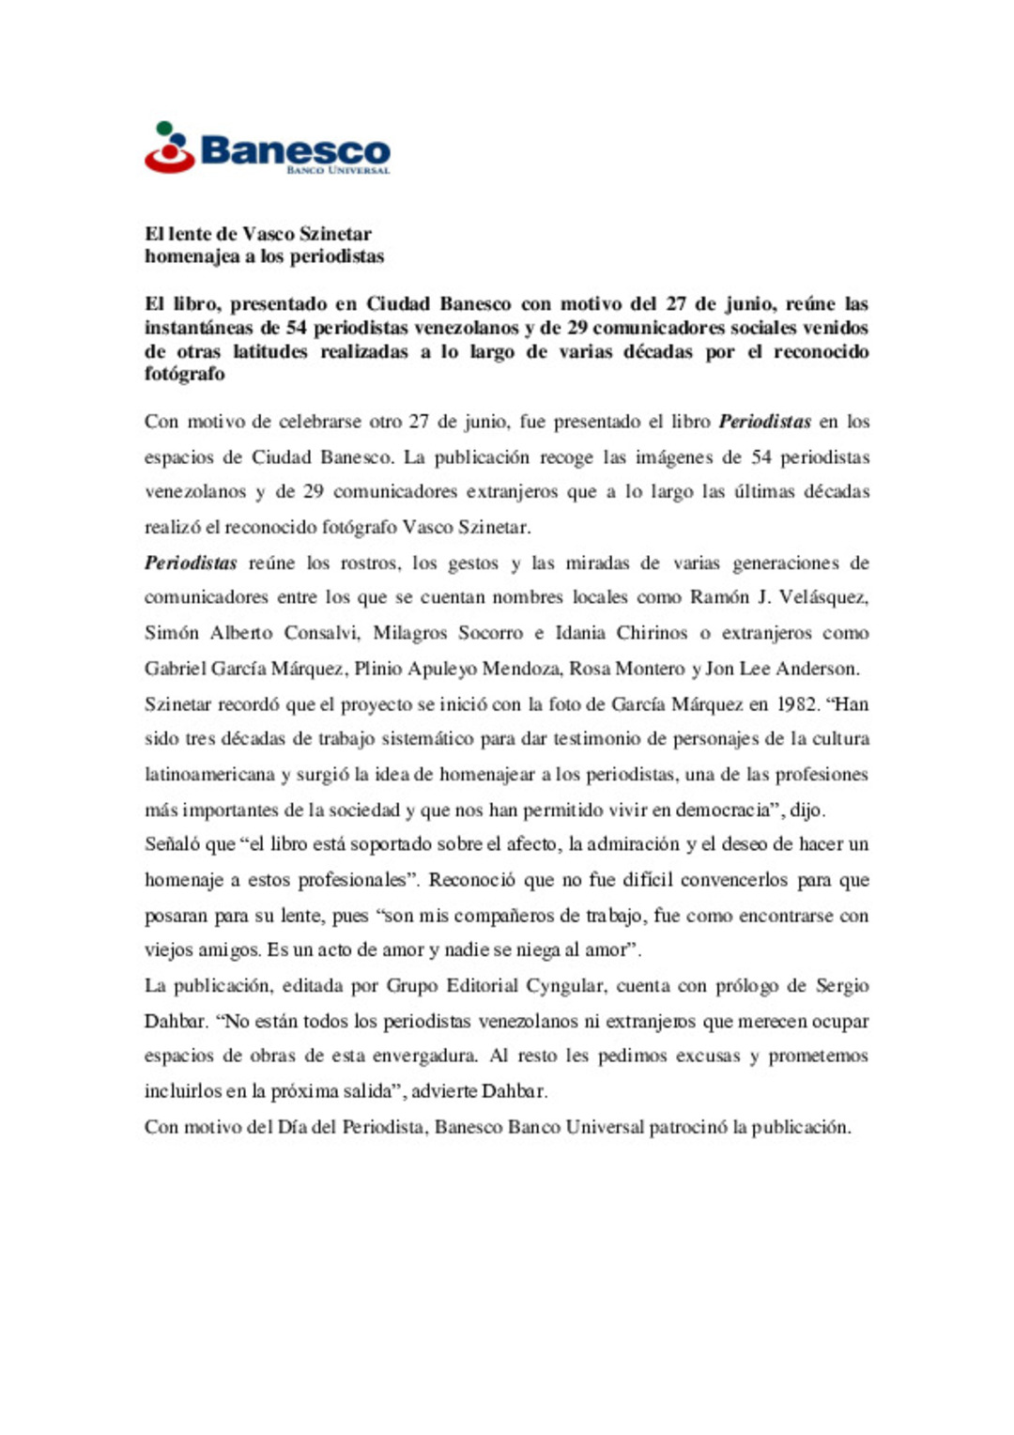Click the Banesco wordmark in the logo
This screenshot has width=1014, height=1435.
295,149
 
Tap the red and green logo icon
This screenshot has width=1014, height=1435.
169,147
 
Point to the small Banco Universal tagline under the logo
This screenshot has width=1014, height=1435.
338,171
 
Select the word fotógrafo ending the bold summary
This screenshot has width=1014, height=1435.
185,374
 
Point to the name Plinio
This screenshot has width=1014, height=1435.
378,669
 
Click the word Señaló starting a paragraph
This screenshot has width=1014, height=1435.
172,844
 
